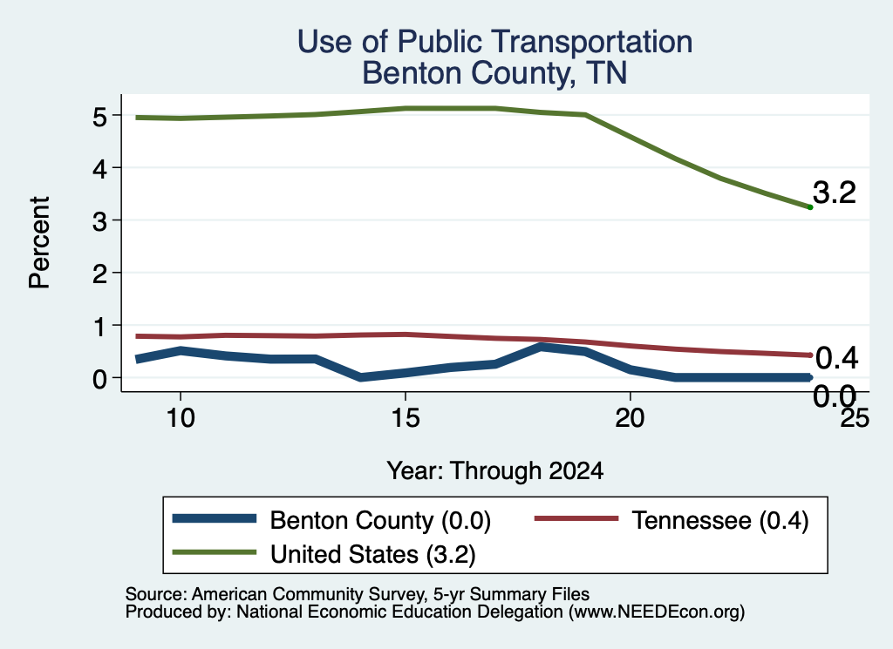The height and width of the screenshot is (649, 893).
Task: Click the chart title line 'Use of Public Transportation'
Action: [495, 42]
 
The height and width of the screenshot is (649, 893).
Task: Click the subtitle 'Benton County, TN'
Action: [495, 73]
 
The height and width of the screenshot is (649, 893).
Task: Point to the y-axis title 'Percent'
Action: [39, 242]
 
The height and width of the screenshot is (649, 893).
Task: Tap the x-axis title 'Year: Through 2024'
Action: [495, 471]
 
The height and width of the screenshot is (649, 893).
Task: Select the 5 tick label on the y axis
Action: [99, 117]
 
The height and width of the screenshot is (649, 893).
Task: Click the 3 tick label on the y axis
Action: [99, 221]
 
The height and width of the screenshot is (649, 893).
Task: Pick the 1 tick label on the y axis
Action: [100, 327]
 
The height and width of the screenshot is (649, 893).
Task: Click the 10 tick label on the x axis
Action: [181, 419]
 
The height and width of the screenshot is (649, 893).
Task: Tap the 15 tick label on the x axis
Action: [406, 419]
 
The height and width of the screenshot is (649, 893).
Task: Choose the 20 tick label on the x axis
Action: [630, 419]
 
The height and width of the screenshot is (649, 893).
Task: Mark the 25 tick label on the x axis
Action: [856, 418]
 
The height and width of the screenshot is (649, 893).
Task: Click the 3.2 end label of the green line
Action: [835, 193]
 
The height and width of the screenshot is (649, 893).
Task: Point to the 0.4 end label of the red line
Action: [836, 358]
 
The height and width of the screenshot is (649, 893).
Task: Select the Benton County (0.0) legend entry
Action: [331, 520]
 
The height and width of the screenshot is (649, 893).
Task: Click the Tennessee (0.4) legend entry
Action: [672, 520]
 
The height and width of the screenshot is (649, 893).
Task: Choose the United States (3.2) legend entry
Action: [324, 554]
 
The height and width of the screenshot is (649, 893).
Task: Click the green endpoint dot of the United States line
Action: [810, 207]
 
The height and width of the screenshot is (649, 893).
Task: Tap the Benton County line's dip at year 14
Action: [360, 377]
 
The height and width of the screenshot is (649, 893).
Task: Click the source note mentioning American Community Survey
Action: [357, 594]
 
